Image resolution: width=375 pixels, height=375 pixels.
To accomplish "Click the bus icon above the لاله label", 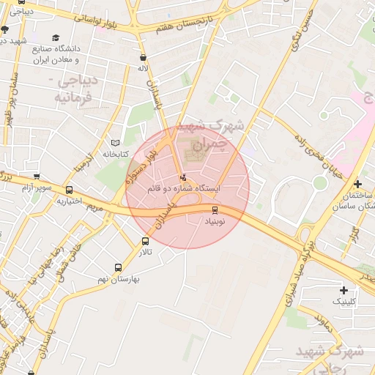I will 142,56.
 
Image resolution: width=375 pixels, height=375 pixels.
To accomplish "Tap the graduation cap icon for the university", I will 56,38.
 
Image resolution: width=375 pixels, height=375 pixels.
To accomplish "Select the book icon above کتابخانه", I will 115,143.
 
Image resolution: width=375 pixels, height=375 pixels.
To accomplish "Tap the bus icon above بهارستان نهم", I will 119,268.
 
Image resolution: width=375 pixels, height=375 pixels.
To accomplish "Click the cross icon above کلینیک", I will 344,291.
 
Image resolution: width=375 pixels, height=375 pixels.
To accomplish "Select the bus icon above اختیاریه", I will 69,190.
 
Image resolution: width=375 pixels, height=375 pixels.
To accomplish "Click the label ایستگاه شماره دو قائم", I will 183,189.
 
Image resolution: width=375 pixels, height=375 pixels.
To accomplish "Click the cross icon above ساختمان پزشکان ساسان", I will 357,185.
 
